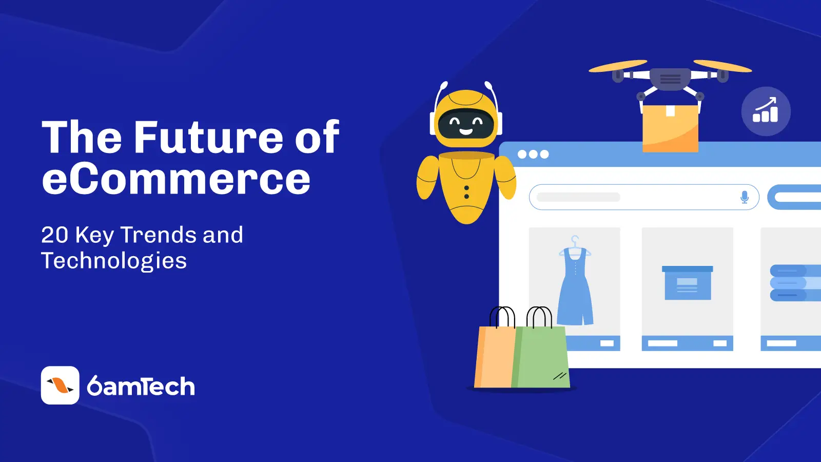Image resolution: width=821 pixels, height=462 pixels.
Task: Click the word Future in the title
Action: (208, 137)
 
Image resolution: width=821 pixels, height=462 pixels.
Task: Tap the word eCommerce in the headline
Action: (177, 179)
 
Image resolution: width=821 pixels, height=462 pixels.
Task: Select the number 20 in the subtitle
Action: (54, 235)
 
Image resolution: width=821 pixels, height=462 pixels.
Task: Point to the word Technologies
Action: (114, 261)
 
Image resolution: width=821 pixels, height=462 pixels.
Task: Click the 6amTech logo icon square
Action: (60, 385)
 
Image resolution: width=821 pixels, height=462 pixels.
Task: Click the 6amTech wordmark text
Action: (141, 386)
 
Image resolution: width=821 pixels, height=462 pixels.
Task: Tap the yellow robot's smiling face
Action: (466, 124)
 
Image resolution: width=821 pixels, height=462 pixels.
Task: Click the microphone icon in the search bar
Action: (745, 197)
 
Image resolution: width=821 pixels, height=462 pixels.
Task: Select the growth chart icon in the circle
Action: (766, 111)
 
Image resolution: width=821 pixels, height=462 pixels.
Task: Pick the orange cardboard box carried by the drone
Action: (670, 128)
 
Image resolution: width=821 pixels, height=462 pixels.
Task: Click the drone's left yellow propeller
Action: (618, 66)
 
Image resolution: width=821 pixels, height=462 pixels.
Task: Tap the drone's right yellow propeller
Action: (722, 66)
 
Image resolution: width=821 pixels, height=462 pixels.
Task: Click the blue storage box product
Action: (688, 283)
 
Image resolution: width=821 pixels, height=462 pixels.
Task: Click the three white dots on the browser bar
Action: (533, 155)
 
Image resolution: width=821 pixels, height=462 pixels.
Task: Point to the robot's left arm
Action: (428, 178)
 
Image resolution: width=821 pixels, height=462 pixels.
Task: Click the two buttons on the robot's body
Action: (466, 192)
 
